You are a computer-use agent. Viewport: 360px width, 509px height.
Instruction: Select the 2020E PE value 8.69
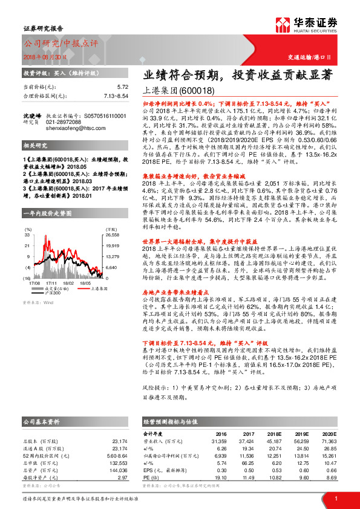[x=330, y=477]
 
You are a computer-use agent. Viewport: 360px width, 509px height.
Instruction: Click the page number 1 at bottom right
[x=335, y=498]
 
